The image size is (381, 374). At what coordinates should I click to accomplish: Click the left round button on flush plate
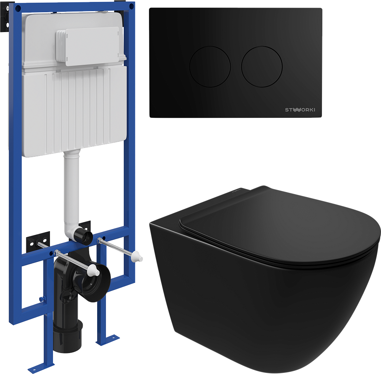pyautogui.click(x=210, y=66)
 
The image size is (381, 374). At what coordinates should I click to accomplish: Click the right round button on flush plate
pyautogui.click(x=262, y=66)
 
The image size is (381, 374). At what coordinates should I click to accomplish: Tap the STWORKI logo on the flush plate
pyautogui.click(x=300, y=110)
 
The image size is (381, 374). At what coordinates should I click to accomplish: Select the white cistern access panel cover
pyautogui.click(x=88, y=46)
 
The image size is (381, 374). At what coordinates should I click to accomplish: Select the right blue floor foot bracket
pyautogui.click(x=108, y=340)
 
